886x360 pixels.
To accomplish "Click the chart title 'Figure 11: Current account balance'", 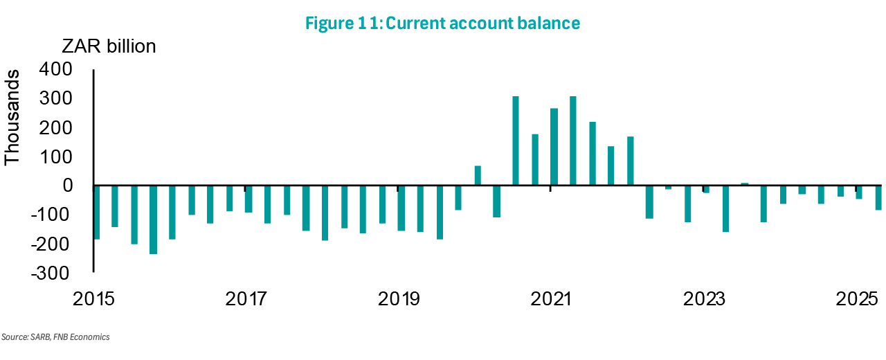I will tap(442, 23).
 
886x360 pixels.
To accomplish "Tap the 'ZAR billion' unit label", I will tap(109, 46).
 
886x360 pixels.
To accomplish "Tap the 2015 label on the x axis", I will tap(93, 300).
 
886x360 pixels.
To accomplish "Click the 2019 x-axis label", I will tap(398, 300).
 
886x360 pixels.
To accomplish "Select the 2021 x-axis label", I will tap(550, 300).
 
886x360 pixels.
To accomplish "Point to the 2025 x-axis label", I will tap(856, 300).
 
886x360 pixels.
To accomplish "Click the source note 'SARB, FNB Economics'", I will tap(55, 337).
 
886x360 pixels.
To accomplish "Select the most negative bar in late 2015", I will tap(153, 219).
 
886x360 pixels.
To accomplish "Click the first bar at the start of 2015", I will tap(96, 213).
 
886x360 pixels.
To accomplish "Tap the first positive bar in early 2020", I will tap(478, 176).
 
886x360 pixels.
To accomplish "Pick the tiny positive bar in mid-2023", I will tap(745, 184).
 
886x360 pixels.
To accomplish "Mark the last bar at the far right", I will tap(878, 197).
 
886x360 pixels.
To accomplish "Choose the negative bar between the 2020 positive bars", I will tap(496, 201).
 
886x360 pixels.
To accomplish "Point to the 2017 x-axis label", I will tap(246, 300).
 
